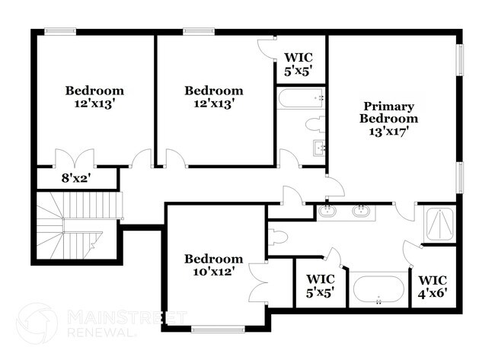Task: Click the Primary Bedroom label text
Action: [x=388, y=112]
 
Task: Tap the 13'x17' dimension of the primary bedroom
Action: [x=388, y=130]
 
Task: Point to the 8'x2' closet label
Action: [x=76, y=180]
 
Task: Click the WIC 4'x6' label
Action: [x=433, y=285]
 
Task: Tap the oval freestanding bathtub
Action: [x=378, y=290]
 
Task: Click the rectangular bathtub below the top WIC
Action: [x=301, y=98]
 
